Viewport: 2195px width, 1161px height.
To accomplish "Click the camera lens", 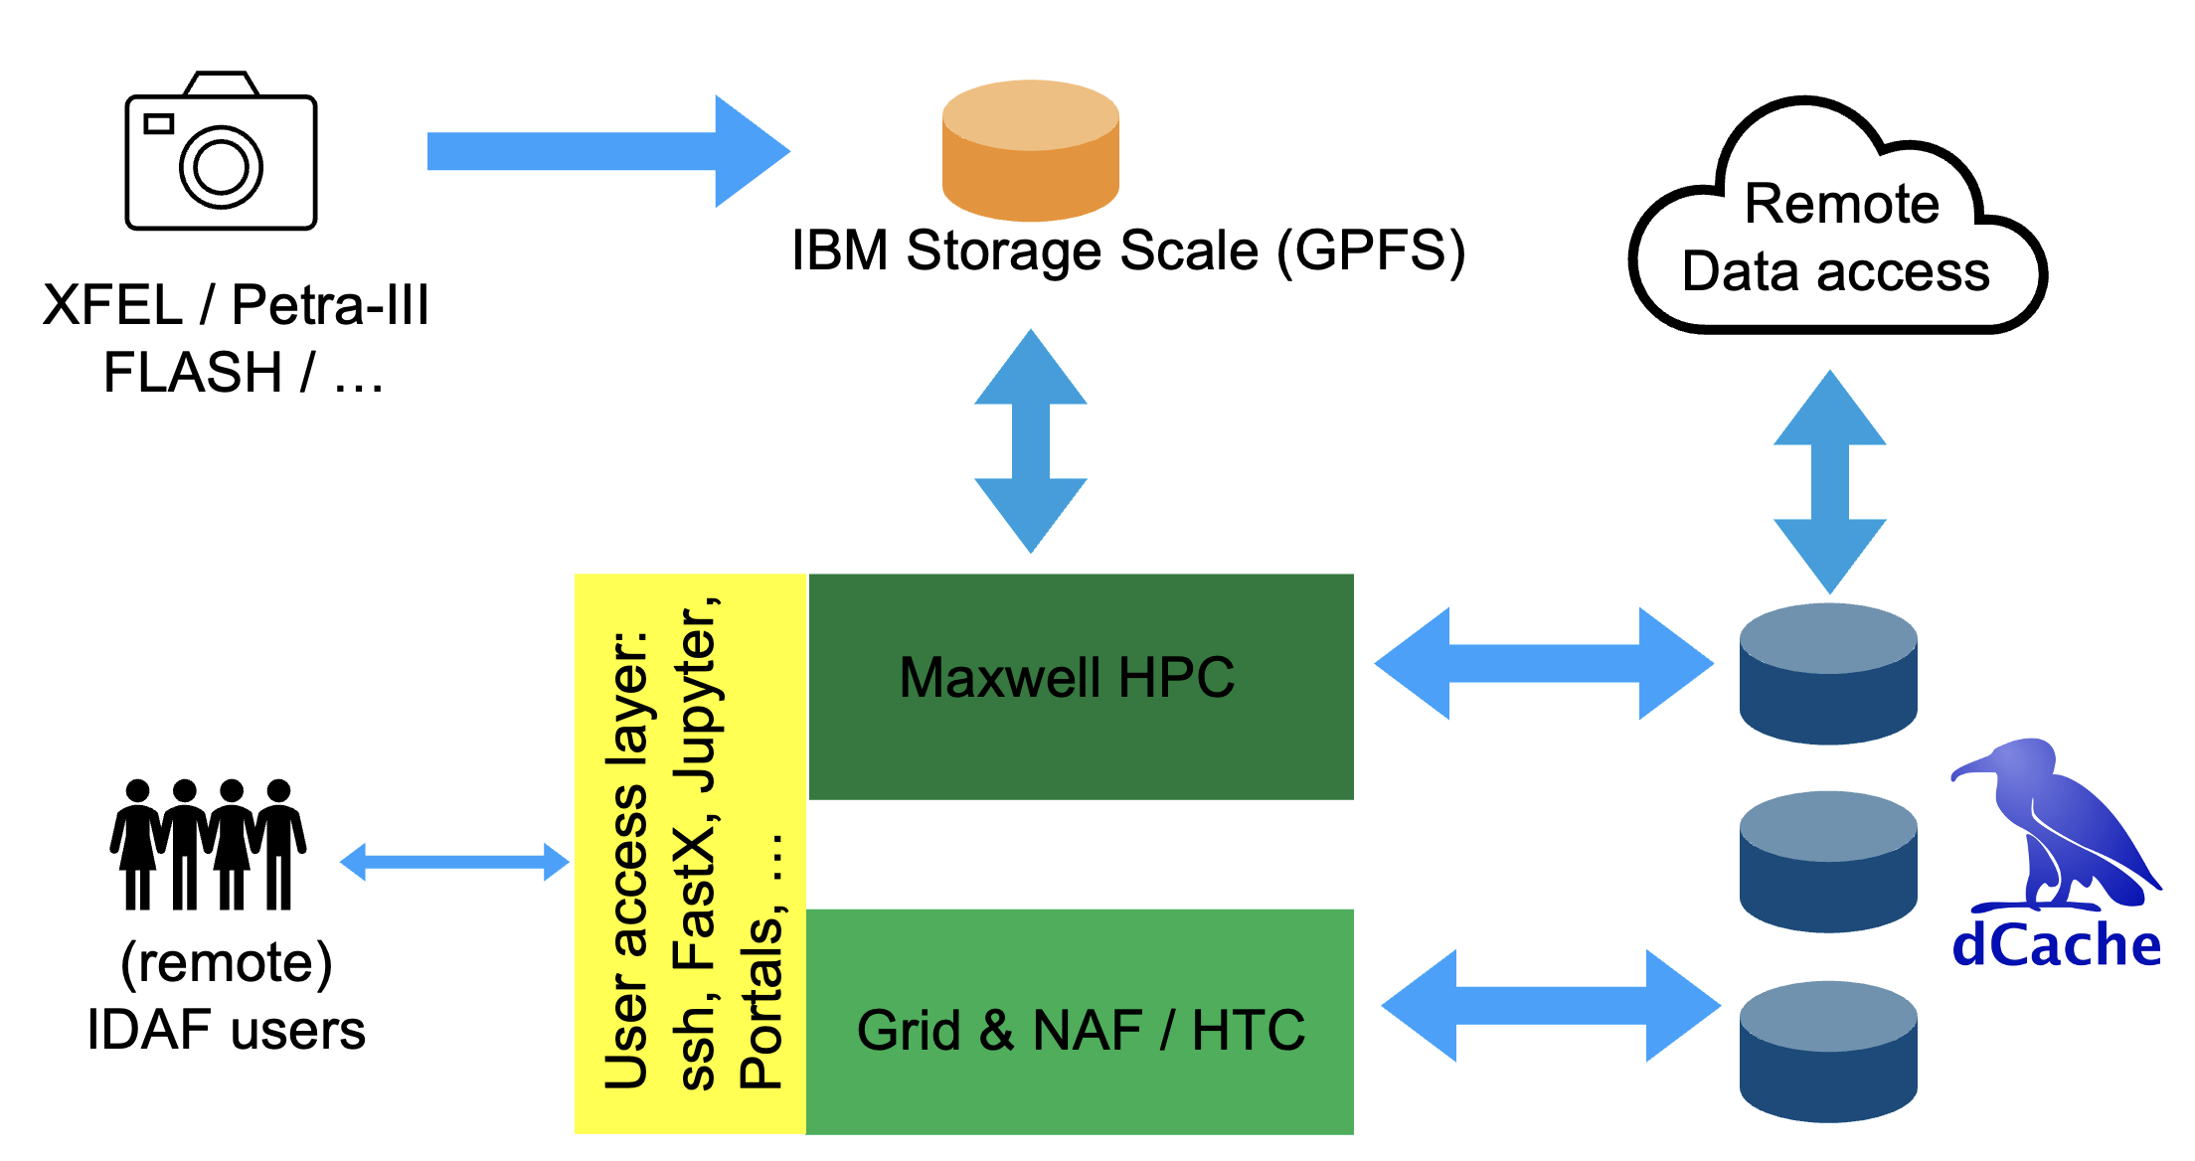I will (221, 166).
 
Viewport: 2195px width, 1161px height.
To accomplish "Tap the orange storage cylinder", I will (1031, 151).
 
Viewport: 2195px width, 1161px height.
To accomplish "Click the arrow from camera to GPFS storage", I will (606, 151).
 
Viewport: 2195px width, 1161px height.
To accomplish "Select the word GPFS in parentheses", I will (1371, 250).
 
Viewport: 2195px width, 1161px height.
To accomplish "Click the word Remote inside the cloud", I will (1841, 204).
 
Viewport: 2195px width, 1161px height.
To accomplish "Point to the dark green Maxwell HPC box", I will (1082, 686).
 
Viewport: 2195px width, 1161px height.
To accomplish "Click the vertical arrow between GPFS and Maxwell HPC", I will (1031, 441).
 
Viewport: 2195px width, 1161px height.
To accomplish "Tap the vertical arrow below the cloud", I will (1830, 482).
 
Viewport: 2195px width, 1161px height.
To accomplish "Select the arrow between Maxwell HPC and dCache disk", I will (1544, 663).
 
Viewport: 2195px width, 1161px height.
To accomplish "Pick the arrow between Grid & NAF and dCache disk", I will (1551, 1005).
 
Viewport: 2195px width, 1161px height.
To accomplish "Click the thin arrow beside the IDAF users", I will (454, 862).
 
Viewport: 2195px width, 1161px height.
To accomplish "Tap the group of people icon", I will (208, 845).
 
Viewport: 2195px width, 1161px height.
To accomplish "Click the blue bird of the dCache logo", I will (2058, 825).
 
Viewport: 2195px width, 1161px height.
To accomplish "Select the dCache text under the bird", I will (2056, 945).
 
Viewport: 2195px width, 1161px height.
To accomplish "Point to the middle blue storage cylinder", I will (1828, 862).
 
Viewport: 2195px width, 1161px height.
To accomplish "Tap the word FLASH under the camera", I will (194, 373).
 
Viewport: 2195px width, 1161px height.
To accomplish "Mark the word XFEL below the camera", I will (112, 305).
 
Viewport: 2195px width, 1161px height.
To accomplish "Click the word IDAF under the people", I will (149, 1030).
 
